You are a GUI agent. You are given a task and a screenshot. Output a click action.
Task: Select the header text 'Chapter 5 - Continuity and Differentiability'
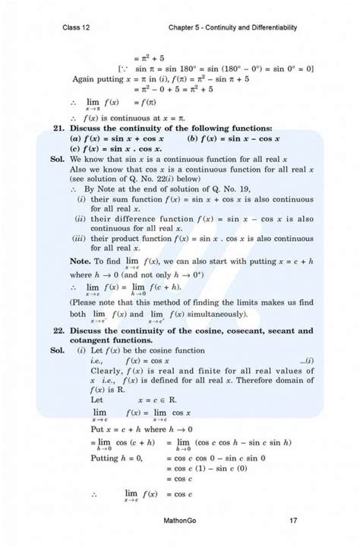234,28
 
